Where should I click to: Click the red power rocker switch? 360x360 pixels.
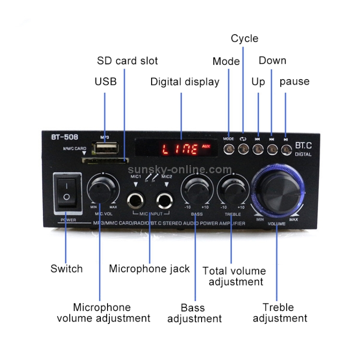tap(67, 192)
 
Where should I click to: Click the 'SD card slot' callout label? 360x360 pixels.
tap(127, 61)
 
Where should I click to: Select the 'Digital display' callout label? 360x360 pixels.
tap(185, 82)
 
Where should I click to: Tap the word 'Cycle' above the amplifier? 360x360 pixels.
tap(244, 38)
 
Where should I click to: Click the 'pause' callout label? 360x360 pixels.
tap(294, 81)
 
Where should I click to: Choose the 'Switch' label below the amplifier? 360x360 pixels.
tap(66, 268)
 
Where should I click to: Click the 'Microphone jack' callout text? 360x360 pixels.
tap(149, 268)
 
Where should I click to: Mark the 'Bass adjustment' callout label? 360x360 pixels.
tap(194, 313)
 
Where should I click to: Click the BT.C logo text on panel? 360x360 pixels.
tap(303, 144)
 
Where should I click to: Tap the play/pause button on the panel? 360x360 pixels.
tap(286, 149)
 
